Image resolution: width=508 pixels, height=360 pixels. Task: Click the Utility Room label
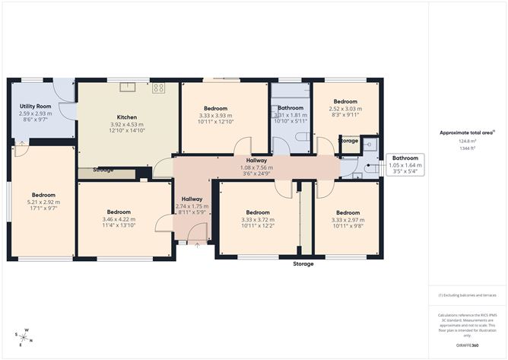point(34,107)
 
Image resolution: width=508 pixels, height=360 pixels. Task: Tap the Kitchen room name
point(126,117)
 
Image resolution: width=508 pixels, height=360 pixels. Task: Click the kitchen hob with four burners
point(158,88)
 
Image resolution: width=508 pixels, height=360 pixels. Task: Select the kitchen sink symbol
point(126,87)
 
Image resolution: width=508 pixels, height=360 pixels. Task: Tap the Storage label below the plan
point(303,263)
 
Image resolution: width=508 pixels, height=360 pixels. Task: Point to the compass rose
point(24,335)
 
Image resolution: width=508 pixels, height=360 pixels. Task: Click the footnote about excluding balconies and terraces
point(468,295)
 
